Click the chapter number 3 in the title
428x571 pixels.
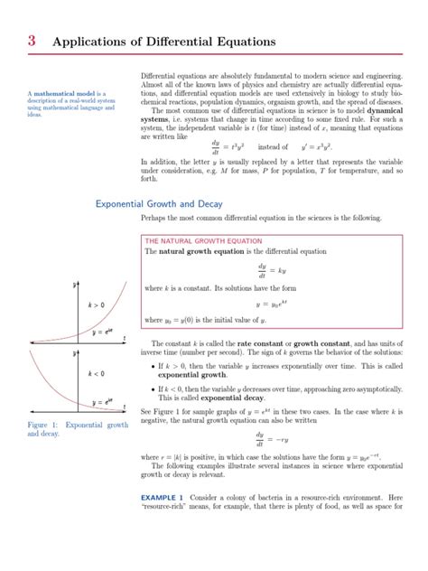coord(32,41)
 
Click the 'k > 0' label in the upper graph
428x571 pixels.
coord(96,305)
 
